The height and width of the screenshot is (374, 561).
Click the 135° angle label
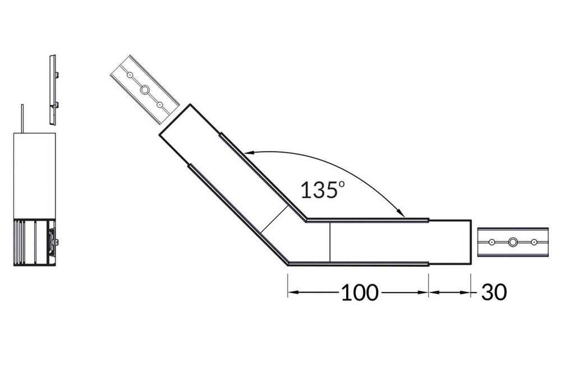(x=321, y=190)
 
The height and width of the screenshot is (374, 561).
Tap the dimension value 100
(x=360, y=292)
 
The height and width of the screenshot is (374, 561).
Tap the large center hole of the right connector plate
(x=513, y=242)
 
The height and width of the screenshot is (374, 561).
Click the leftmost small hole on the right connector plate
(x=491, y=242)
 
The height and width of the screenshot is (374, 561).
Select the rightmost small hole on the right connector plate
(x=534, y=242)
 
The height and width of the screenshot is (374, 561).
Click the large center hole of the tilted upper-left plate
(x=145, y=89)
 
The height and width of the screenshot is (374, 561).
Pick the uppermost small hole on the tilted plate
(x=130, y=74)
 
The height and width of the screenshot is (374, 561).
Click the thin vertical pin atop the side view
(x=22, y=119)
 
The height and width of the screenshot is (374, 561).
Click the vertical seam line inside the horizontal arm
(x=330, y=242)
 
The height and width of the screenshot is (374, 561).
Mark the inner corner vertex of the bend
(x=306, y=220)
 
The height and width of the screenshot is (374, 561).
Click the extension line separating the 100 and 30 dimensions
(x=429, y=283)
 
